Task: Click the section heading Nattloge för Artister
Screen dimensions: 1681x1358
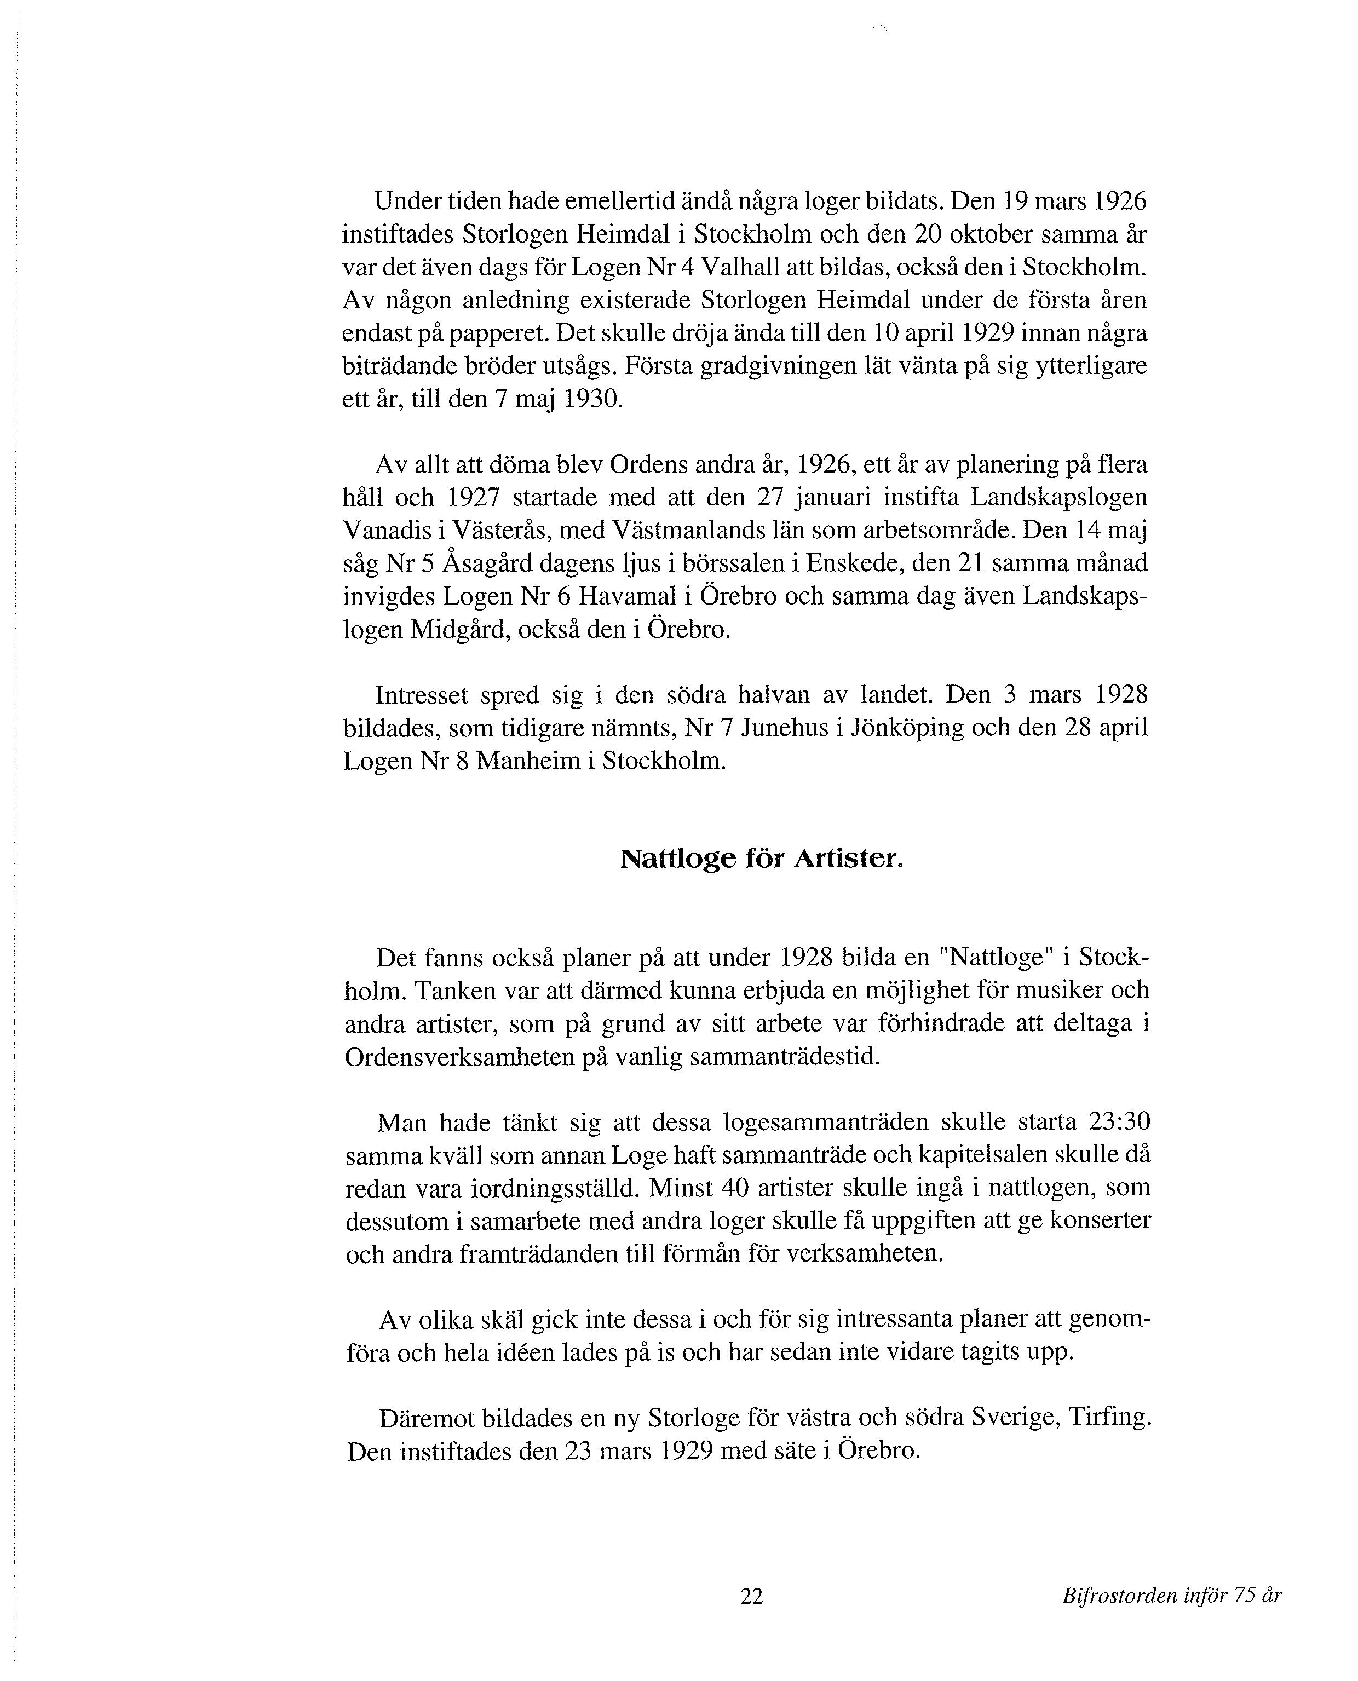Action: (x=761, y=860)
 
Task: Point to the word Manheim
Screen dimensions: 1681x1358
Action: (x=528, y=761)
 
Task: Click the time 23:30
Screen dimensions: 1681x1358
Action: (x=1119, y=1122)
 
